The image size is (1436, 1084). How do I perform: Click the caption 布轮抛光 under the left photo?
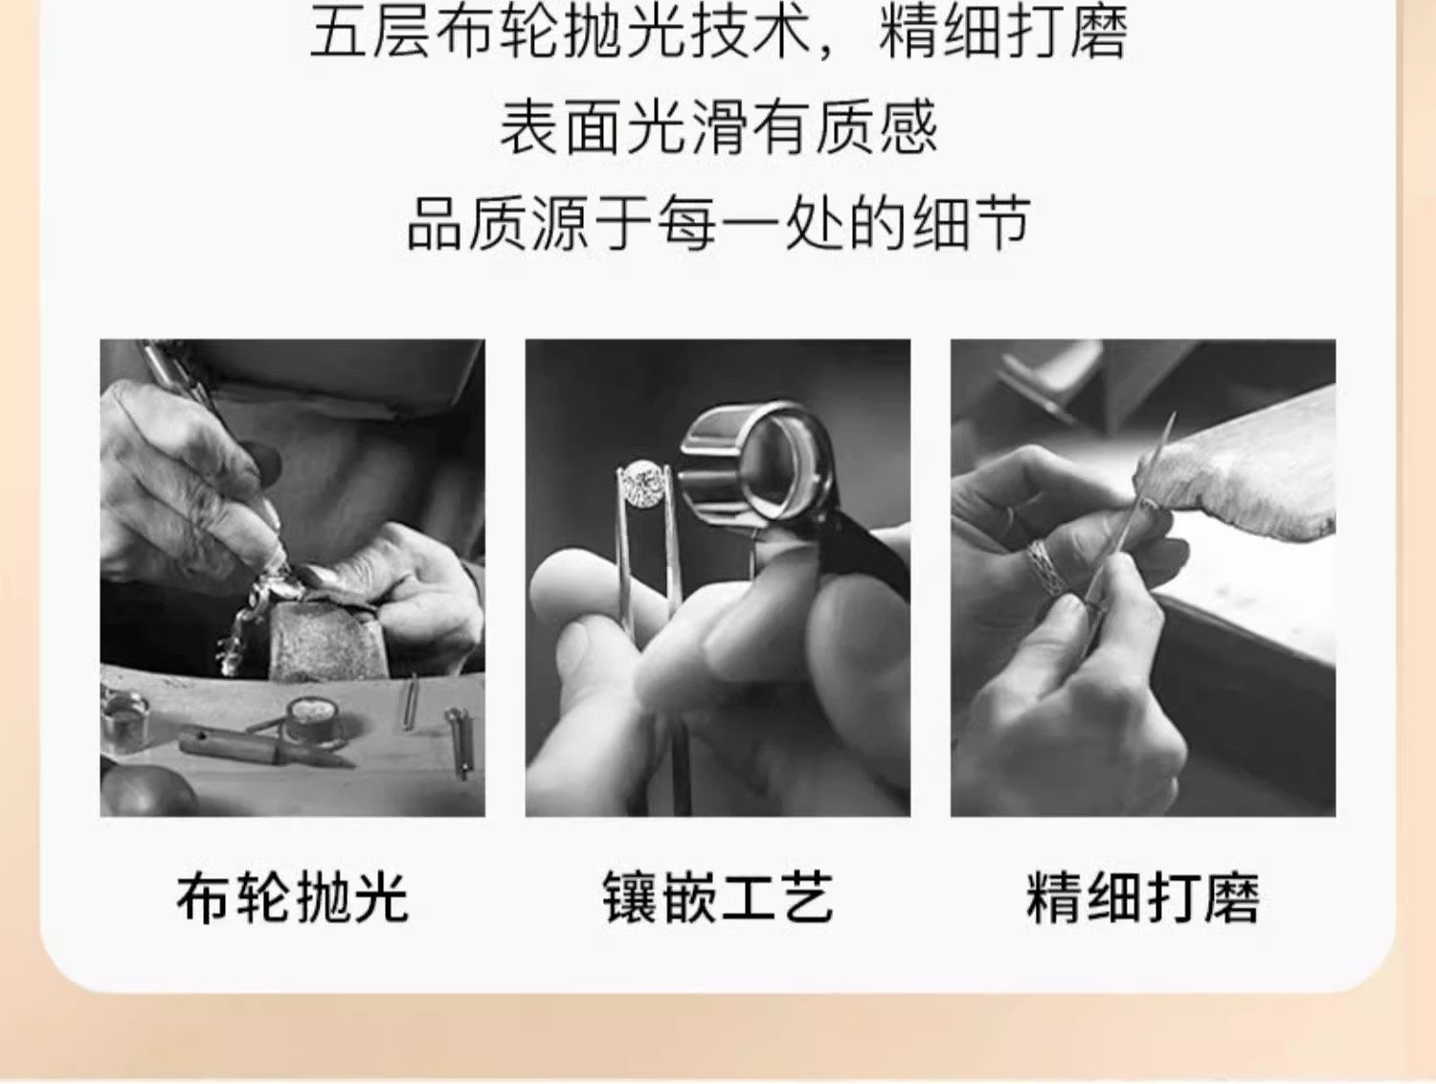coord(292,897)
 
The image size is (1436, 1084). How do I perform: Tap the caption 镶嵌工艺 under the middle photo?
coord(718,897)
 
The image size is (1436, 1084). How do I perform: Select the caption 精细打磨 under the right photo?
coord(1143,897)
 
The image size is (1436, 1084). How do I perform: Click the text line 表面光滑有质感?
coord(718,127)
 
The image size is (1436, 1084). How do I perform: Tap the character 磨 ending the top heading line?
coord(1100,32)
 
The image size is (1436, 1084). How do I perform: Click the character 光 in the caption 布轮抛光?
coord(381,897)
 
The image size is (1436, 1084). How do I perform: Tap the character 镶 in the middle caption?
coord(630,897)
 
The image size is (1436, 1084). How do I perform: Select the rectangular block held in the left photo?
coord(327,641)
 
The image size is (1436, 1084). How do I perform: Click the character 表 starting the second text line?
coord(529,127)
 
